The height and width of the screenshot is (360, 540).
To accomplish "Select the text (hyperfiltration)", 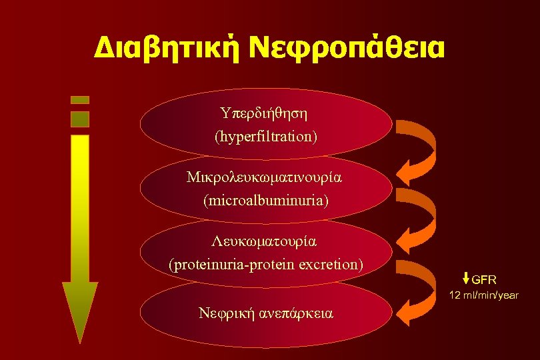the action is pyautogui.click(x=266, y=137).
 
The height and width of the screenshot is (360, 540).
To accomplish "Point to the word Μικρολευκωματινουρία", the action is pyautogui.click(x=265, y=178).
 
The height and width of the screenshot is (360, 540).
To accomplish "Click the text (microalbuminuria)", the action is pyautogui.click(x=266, y=199).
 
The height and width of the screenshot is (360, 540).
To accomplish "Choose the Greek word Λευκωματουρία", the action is pyautogui.click(x=265, y=242).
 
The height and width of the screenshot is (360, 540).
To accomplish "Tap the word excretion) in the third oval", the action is pyautogui.click(x=329, y=264).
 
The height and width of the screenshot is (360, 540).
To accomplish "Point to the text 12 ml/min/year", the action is pyautogui.click(x=484, y=295).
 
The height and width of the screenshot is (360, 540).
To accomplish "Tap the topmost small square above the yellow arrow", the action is pyautogui.click(x=80, y=99).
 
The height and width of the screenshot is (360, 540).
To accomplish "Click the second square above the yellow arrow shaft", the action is pyautogui.click(x=80, y=119).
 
